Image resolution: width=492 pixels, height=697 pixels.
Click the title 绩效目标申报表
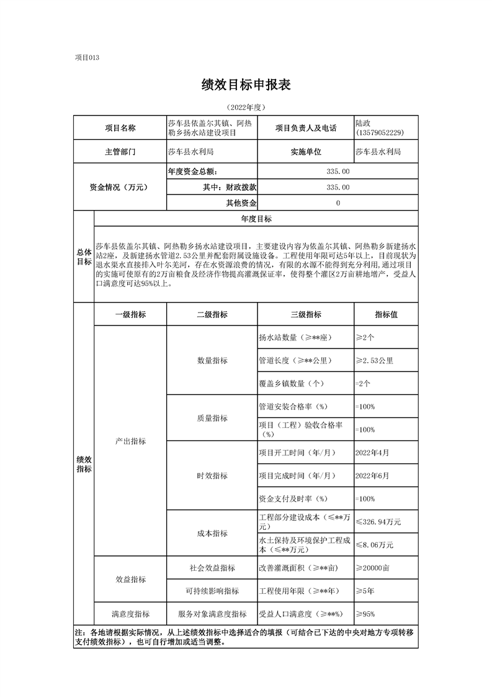[x=246, y=85]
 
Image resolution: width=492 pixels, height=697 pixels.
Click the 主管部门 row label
[x=120, y=151]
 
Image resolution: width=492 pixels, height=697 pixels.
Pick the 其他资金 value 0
[x=338, y=203]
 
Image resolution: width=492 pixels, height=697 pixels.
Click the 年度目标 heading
[x=256, y=219]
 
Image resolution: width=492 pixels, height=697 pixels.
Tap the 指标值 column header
[x=385, y=314]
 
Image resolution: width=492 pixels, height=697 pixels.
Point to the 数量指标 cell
[x=212, y=360]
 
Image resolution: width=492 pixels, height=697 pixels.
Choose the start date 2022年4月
[x=372, y=453]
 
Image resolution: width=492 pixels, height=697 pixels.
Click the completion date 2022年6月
[x=372, y=476]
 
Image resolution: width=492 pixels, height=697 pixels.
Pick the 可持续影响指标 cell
[x=212, y=591]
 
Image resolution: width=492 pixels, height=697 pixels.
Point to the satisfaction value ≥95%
[x=365, y=614]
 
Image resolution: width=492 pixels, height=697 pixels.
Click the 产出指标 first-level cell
[x=130, y=441]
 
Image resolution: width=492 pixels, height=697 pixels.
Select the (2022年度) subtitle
[x=246, y=107]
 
